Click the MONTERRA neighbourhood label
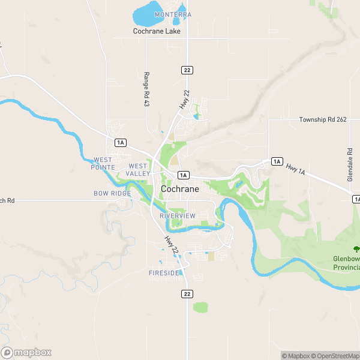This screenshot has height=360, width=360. (173, 14)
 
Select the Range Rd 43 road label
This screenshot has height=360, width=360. (146, 89)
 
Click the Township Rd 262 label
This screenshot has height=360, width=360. (323, 120)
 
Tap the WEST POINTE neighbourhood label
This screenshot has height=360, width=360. (103, 163)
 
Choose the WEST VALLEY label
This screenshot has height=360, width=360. (138, 170)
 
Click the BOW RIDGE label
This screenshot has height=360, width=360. (112, 194)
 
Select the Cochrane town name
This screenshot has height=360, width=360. (180, 188)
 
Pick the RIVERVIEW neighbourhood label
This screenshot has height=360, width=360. (178, 215)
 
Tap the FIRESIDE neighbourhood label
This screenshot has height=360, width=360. (164, 273)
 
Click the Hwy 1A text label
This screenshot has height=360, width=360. (296, 170)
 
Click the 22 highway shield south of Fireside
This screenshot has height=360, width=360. (188, 293)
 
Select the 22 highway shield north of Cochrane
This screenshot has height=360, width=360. (188, 70)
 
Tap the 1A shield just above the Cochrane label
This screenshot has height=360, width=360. (184, 175)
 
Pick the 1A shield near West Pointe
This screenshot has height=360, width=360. (121, 142)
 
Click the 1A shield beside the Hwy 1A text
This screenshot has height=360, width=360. (277, 161)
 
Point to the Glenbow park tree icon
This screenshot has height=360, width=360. (356, 248)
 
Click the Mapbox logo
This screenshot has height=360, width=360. (27, 352)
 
